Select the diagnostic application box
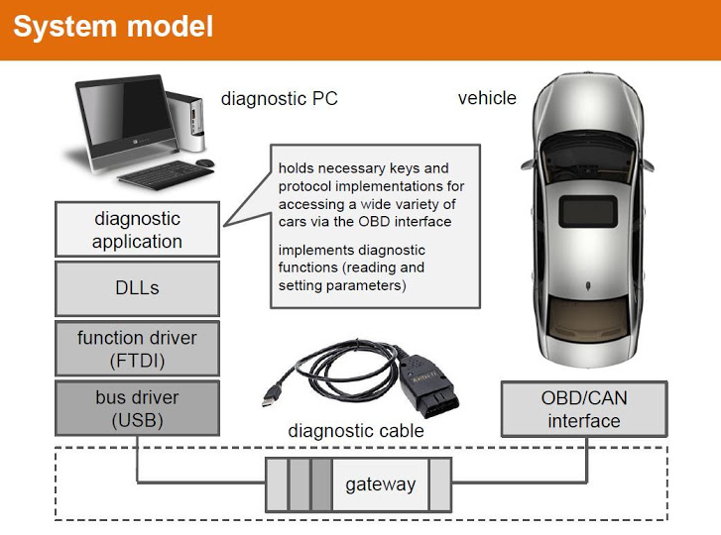point(137,229)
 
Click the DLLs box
point(137,288)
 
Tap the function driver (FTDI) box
point(137,349)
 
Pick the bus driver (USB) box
point(137,408)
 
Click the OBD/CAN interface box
point(582,409)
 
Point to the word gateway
point(380,484)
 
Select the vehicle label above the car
point(487,98)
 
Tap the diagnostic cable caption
point(356,431)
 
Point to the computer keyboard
point(159,175)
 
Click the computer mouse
point(204,162)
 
